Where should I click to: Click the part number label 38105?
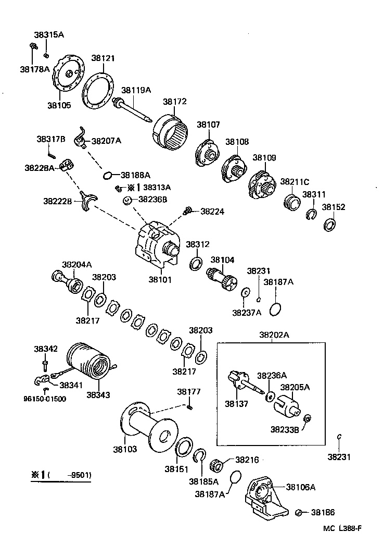59,105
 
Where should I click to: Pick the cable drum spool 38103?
151,425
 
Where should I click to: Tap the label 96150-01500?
45,399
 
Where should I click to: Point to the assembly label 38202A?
274,335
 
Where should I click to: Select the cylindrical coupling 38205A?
287,407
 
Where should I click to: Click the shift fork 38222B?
88,201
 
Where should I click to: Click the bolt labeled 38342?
46,362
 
